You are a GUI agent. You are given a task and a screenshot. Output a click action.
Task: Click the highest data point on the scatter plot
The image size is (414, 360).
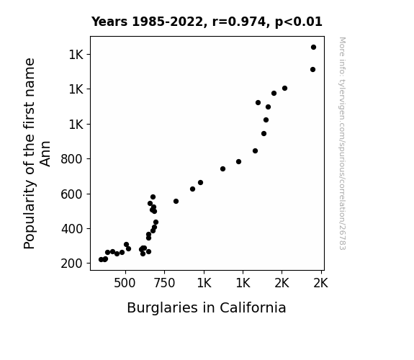pyautogui.click(x=313, y=48)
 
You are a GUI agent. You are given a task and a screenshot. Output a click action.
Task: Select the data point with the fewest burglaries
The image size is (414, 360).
pyautogui.click(x=101, y=260)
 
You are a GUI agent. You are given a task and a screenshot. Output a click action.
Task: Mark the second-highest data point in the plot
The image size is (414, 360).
pyautogui.click(x=312, y=69)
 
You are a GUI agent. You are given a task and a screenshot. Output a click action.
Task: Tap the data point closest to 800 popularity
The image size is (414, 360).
pyautogui.click(x=238, y=162)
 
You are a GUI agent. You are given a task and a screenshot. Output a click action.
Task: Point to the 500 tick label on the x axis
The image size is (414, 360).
pyautogui.click(x=125, y=283)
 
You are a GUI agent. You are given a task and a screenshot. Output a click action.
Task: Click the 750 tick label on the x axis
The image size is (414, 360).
pyautogui.click(x=164, y=283)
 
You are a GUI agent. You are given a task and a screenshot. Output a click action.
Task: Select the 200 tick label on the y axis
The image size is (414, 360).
pyautogui.click(x=71, y=264)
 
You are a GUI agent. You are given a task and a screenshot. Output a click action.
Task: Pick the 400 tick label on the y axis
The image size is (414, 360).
pyautogui.click(x=72, y=229)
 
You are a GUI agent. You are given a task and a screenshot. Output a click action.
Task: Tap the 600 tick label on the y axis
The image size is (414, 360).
pyautogui.click(x=71, y=194)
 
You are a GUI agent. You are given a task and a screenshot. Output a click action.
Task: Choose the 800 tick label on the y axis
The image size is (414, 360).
pyautogui.click(x=71, y=159)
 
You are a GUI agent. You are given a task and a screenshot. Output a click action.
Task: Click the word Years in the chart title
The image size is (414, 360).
pyautogui.click(x=109, y=22)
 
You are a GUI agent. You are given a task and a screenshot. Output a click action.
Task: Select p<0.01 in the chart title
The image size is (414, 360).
pyautogui.click(x=299, y=22)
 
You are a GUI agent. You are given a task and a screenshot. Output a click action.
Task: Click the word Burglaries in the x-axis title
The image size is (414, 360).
pyautogui.click(x=163, y=308)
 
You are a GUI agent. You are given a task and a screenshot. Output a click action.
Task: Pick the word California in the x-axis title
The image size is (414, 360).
pyautogui.click(x=253, y=307)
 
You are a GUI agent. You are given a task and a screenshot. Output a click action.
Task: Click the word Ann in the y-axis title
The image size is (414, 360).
pyautogui.click(x=45, y=153)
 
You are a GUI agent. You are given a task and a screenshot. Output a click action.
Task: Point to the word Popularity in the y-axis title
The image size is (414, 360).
pyautogui.click(x=30, y=215)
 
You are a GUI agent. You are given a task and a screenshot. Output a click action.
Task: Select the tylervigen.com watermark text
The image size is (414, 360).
pyautogui.click(x=342, y=110)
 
